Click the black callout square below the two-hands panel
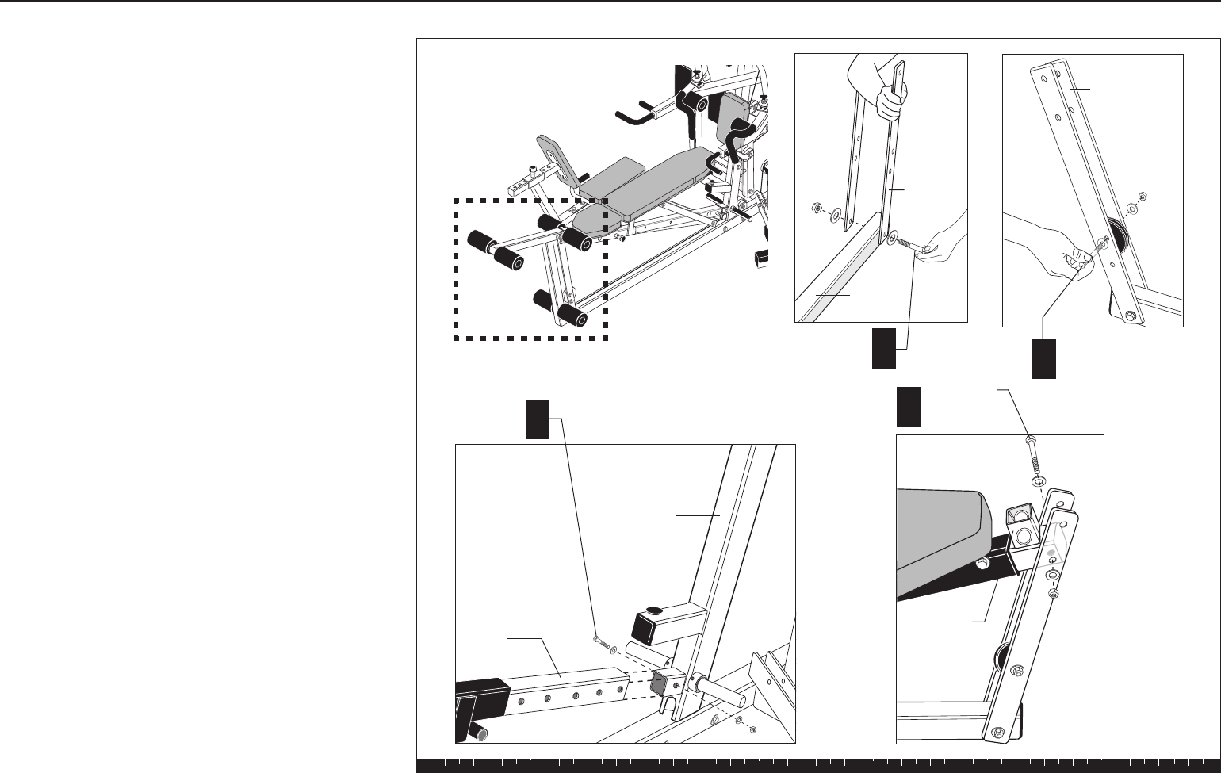(x=884, y=350)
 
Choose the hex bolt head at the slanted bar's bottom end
(x=1129, y=316)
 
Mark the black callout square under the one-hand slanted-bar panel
(x=1044, y=358)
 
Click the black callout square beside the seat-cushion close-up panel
(x=909, y=406)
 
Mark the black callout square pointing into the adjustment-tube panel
(x=537, y=419)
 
